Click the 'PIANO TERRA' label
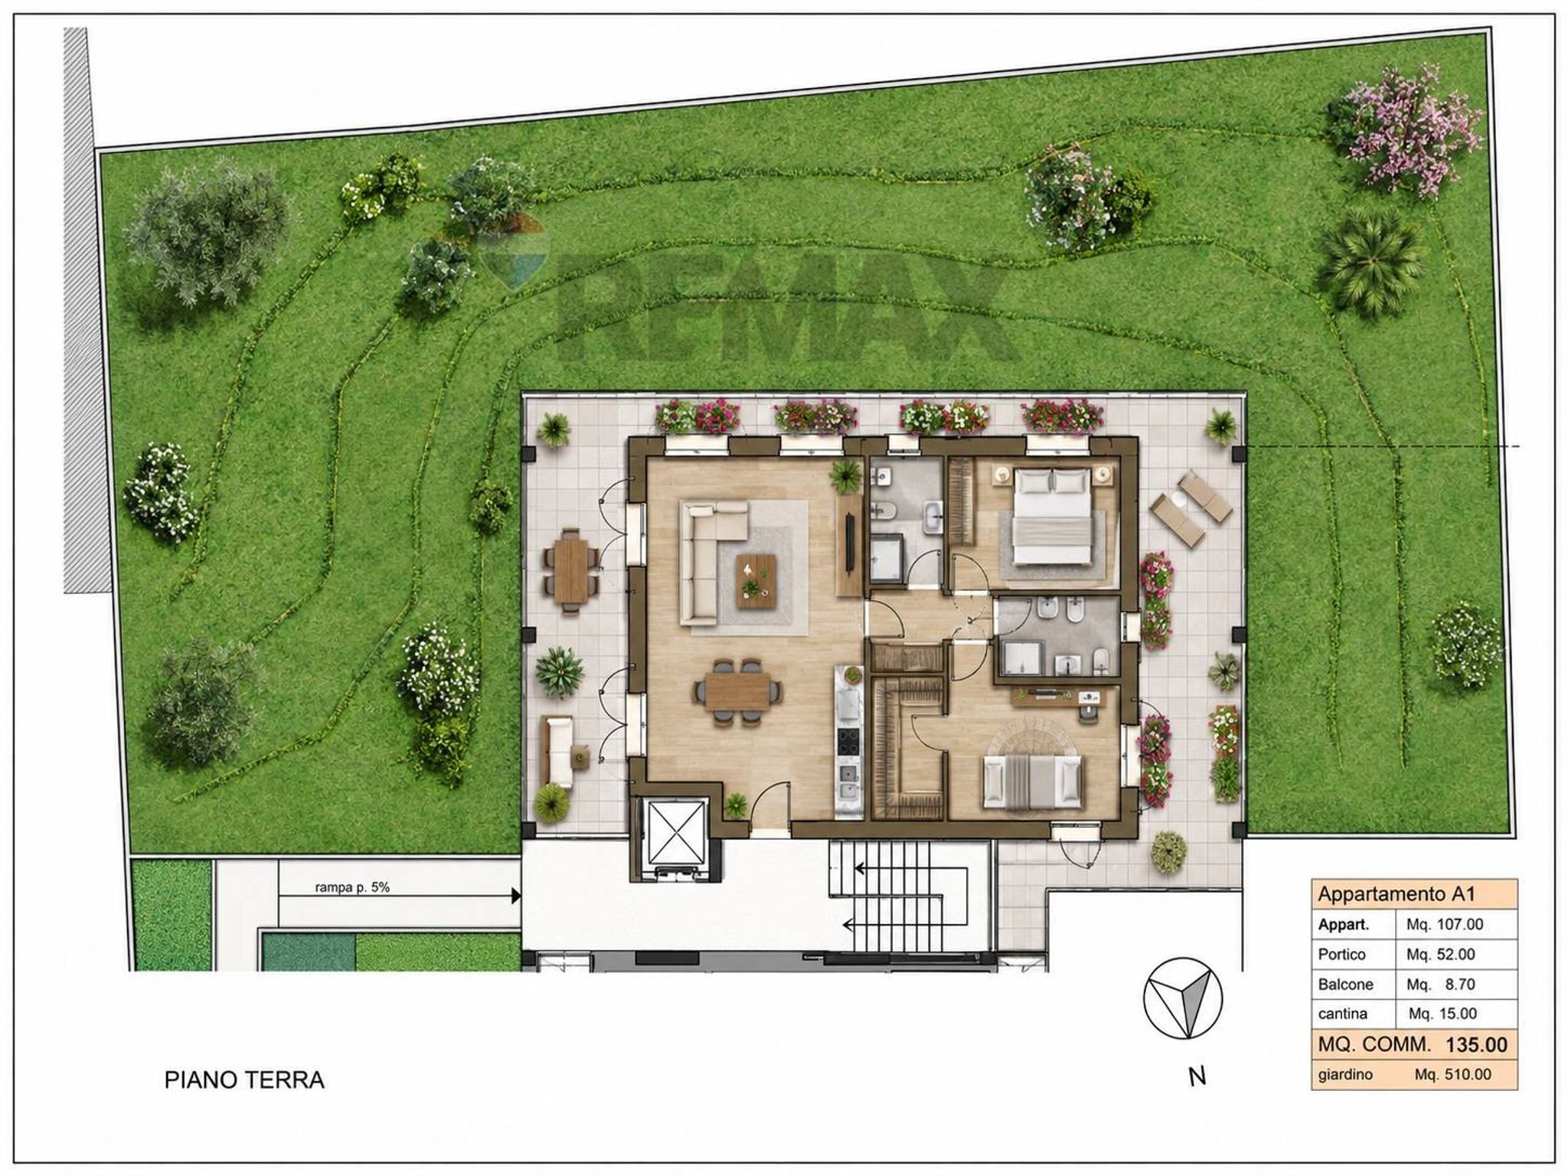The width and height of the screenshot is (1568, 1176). tap(244, 1080)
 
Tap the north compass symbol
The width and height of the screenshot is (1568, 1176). tap(1182, 998)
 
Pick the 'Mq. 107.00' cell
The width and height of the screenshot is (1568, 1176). tap(1445, 924)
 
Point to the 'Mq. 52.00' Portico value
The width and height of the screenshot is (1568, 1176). tap(1441, 955)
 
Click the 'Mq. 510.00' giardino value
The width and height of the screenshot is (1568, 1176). tap(1452, 1074)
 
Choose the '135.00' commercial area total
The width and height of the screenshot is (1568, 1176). tap(1476, 1044)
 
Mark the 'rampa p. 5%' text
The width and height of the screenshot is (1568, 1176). tap(352, 888)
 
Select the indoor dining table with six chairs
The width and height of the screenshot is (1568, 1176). tap(739, 691)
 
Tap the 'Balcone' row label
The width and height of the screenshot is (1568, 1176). tap(1345, 984)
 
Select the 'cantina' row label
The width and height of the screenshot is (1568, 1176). tap(1343, 1014)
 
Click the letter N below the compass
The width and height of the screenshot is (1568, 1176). tap(1197, 1076)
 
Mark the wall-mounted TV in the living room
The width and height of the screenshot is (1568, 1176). tap(850, 541)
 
